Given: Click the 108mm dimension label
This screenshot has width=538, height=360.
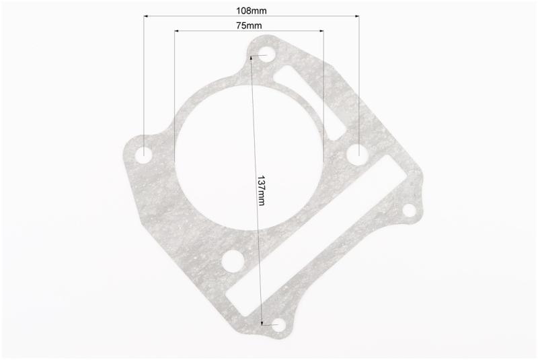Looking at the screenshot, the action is coord(251,11).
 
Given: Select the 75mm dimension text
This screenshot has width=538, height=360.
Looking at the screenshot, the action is coord(249,26).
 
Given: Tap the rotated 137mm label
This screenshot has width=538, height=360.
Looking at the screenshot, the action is coord(262,190).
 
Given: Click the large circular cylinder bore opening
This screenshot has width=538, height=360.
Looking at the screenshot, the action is coord(249,157).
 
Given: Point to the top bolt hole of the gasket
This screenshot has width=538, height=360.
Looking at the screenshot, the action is coord(266,55).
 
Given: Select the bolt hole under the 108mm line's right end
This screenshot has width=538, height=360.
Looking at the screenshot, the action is coord(358,153).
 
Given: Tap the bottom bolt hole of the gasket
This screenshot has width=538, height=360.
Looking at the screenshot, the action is coord(278,324).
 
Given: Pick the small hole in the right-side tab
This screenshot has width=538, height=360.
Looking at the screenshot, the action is coord(409,210).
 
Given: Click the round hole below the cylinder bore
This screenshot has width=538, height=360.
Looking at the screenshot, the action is coord(233,262).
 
